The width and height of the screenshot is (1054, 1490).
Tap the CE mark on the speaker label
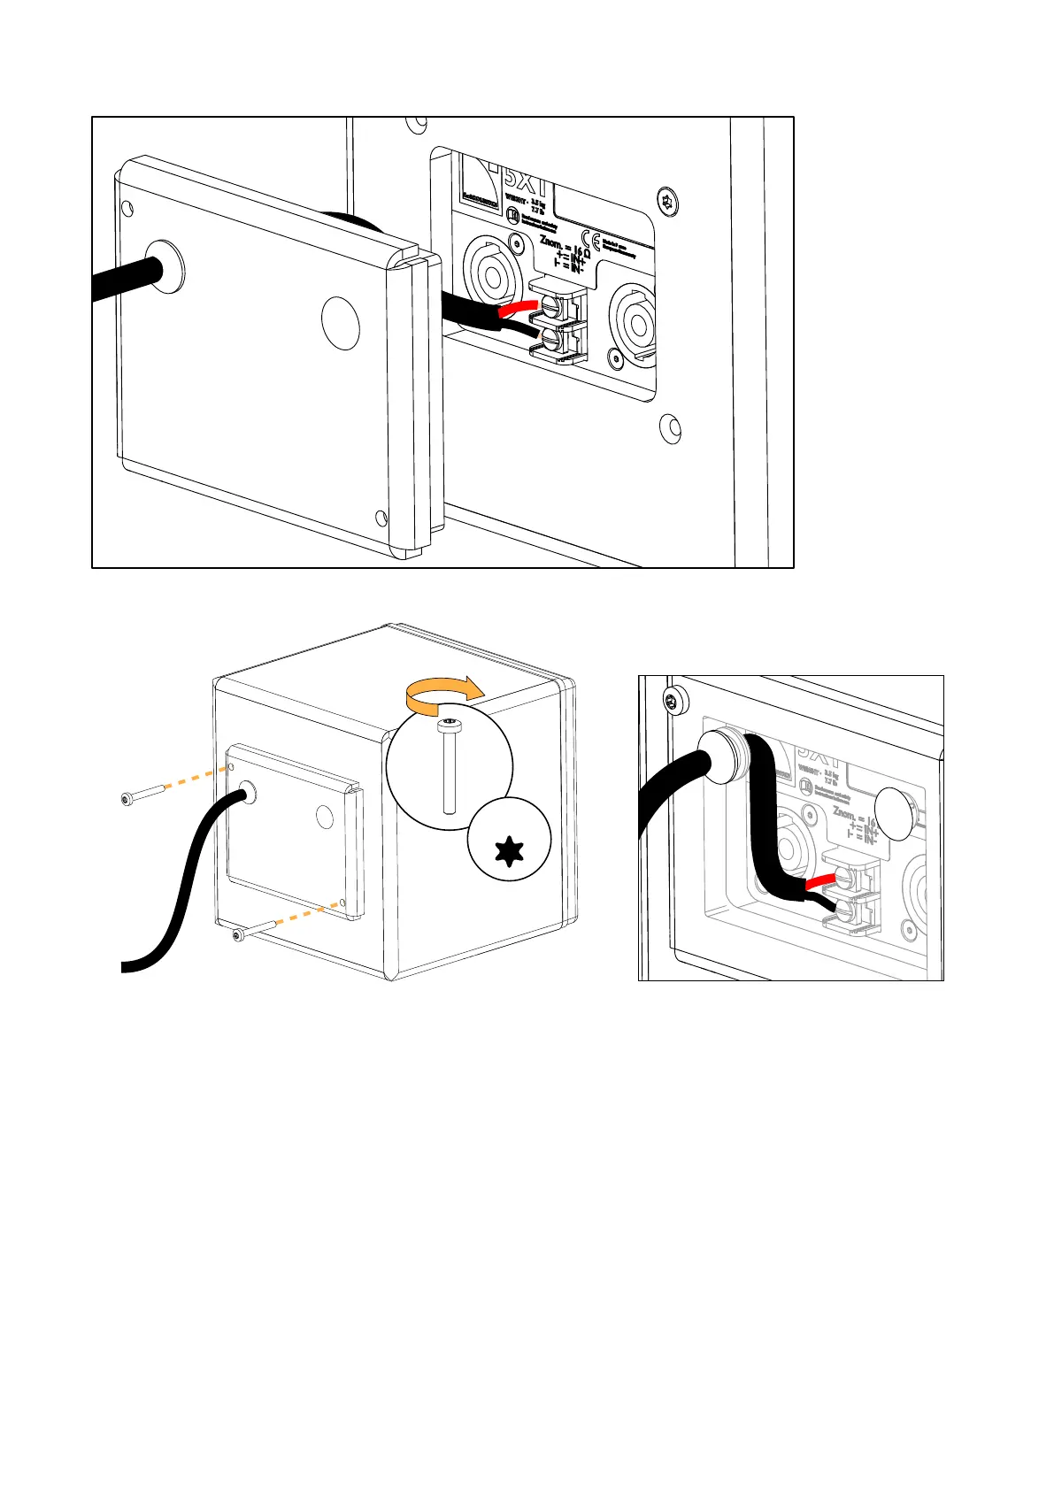(x=596, y=242)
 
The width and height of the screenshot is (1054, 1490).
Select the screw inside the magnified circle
(x=450, y=766)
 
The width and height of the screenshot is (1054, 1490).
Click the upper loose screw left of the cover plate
(x=141, y=795)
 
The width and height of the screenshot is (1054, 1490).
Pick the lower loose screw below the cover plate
(x=250, y=931)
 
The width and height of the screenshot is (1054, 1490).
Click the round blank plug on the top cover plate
(x=340, y=321)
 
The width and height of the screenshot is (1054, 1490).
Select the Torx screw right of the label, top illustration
(x=668, y=200)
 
